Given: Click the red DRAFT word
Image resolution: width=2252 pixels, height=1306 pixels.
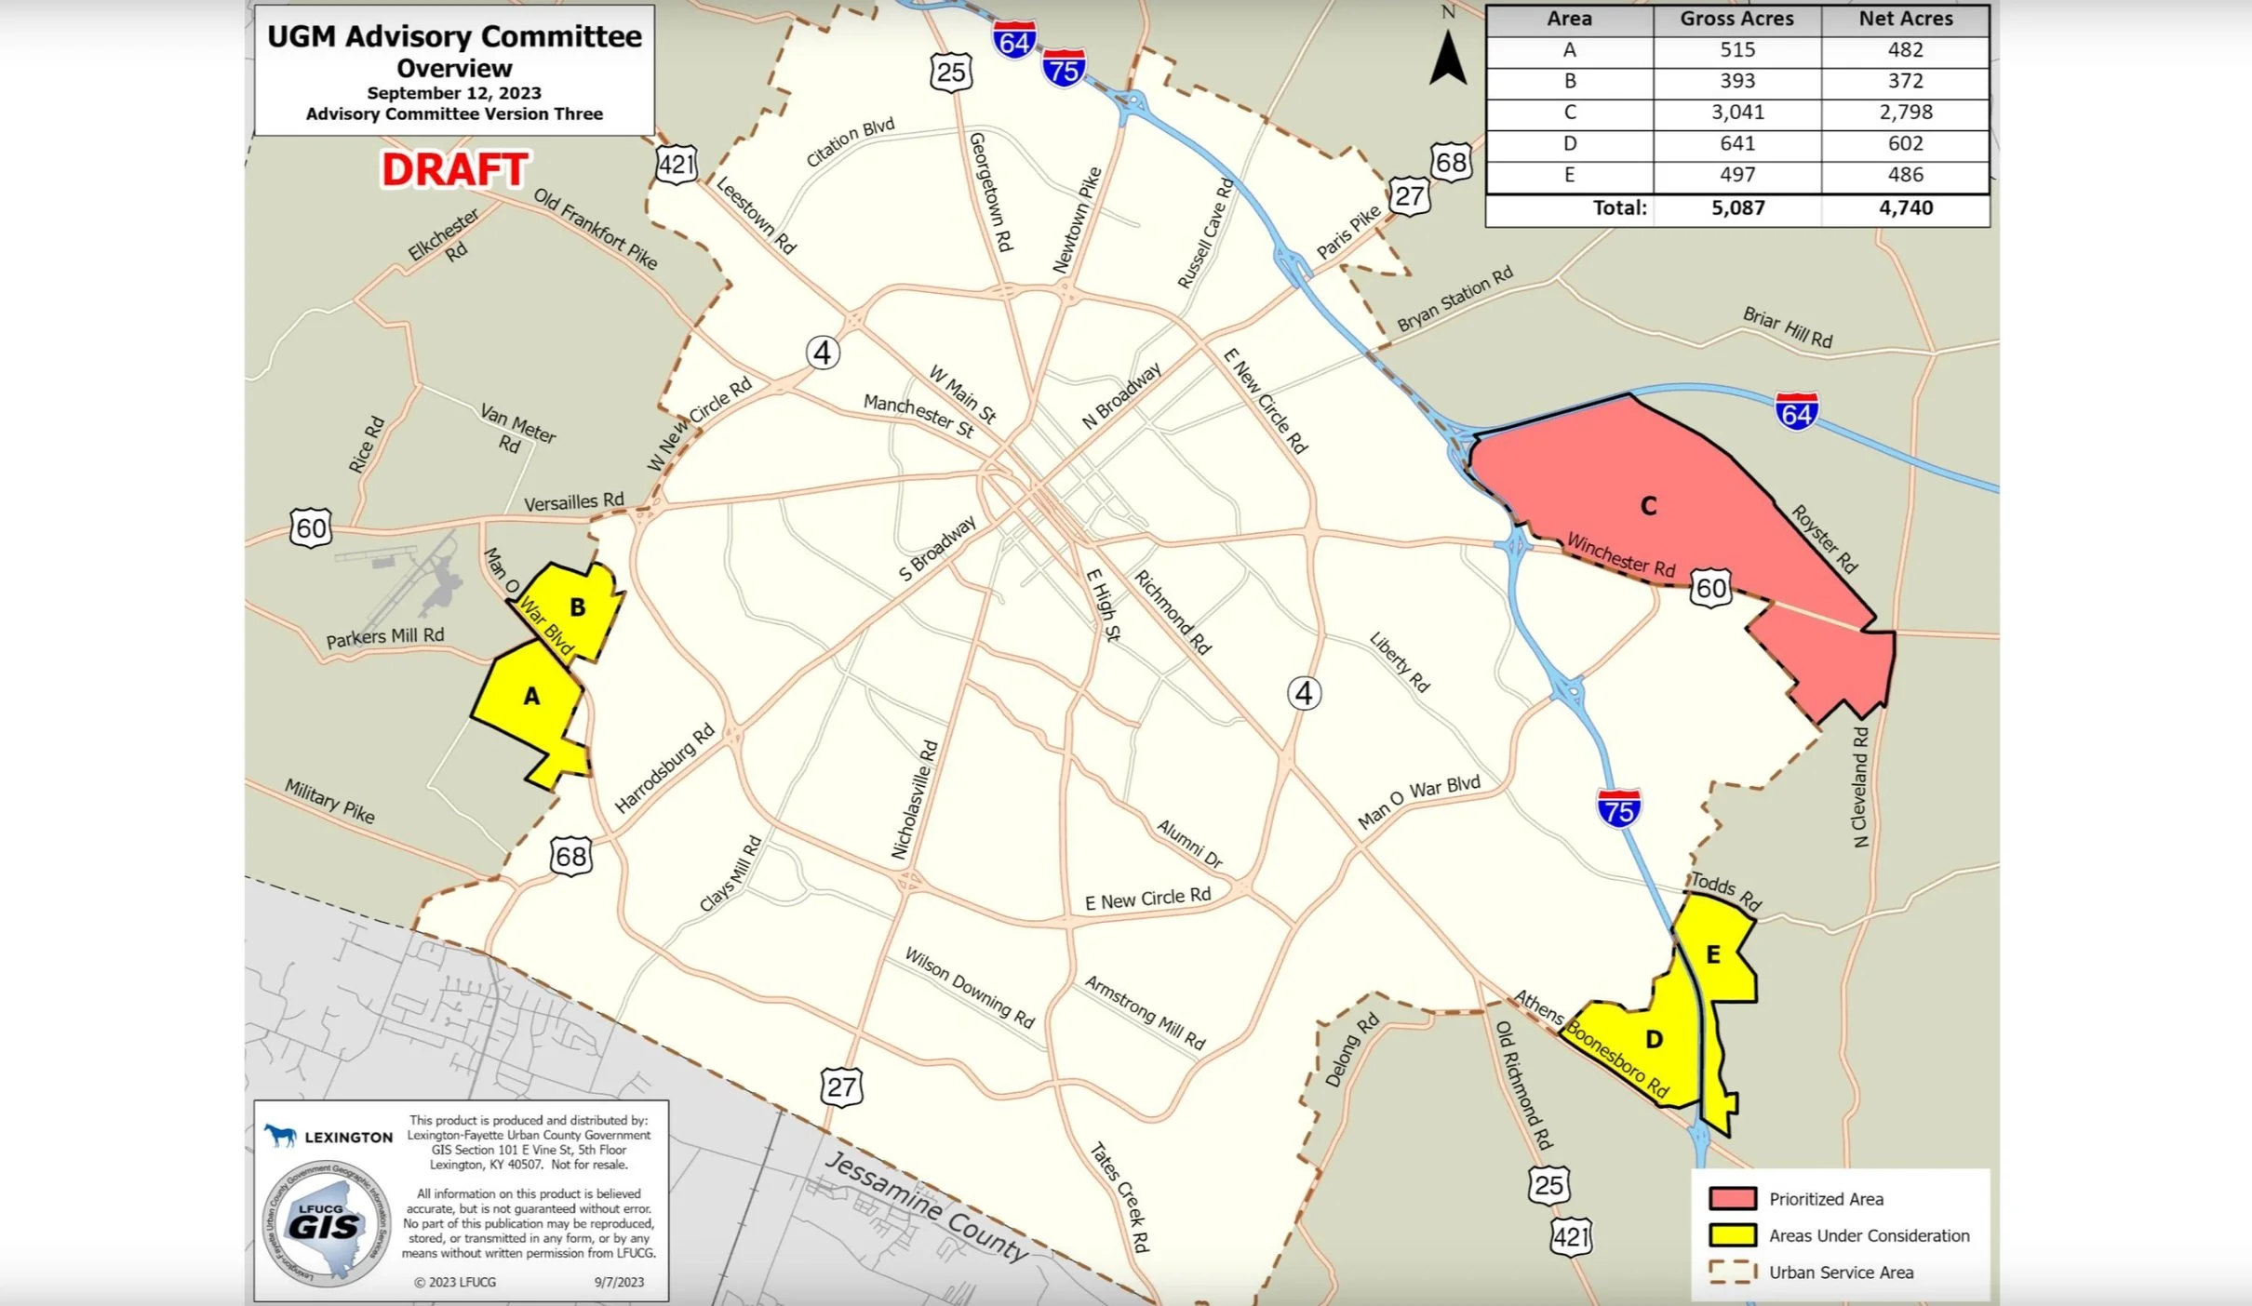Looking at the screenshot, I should point(455,170).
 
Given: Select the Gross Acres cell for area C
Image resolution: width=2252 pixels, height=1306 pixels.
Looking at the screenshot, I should point(1736,113).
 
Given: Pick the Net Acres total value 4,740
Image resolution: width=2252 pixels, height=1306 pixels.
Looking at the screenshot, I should point(1905,208).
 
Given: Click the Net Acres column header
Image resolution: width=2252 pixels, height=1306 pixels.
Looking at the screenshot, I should point(1905,19).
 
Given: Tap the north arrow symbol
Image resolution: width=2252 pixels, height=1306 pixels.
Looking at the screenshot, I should point(1448,58).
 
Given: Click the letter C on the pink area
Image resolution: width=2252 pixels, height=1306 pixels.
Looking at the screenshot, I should point(1648,506).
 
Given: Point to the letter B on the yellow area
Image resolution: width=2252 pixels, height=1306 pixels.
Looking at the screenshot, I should point(577,607).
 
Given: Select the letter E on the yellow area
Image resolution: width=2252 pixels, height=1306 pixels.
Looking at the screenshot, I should point(1712,954).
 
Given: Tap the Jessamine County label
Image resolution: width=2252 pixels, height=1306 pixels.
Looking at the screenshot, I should point(926,1206).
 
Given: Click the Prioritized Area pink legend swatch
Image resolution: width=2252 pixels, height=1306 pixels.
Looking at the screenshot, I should point(1732,1198).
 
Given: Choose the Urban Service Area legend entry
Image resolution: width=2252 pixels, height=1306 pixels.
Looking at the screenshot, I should point(1840,1273).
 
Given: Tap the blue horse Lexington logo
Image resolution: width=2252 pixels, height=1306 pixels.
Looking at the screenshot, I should point(279,1135).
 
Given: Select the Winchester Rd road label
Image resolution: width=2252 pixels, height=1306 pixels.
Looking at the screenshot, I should point(1620,554).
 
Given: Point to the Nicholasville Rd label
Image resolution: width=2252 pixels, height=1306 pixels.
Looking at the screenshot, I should point(914,799).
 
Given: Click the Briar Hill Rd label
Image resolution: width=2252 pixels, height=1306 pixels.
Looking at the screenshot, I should point(1787,327).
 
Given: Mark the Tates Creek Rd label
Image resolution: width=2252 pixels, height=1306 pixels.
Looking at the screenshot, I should point(1119,1196).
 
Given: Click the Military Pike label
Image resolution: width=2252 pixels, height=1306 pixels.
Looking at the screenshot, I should point(329,801).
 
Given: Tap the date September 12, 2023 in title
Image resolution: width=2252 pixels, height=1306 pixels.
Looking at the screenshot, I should point(453,93).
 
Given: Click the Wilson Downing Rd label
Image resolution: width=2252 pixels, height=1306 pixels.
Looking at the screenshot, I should point(969,987).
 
